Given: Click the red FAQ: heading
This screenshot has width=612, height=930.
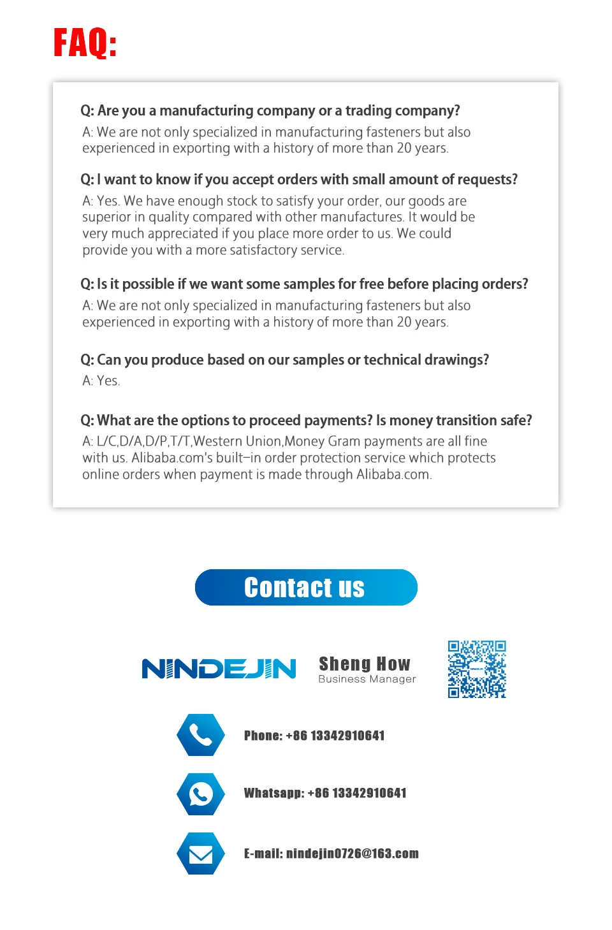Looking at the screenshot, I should pos(85,43).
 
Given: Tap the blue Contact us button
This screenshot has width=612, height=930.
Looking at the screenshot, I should pos(306,587).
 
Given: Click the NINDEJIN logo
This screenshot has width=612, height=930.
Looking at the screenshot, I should pos(219,669).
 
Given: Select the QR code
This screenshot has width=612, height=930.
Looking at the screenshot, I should pos(477,669).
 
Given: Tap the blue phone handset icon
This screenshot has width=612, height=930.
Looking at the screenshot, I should pos(201,735).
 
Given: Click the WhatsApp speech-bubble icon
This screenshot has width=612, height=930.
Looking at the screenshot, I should pos(201,794).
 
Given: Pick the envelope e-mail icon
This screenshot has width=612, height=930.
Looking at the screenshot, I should pos(201,854).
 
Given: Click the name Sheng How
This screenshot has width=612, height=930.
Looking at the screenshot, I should pos(365,664).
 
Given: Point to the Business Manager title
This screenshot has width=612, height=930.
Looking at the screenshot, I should pos(367,679).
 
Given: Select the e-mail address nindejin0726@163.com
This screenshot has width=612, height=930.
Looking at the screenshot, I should pos(353,854).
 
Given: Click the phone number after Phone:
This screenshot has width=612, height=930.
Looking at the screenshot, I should pos(335,736).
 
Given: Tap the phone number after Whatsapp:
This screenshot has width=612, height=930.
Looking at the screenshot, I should pos(357,793).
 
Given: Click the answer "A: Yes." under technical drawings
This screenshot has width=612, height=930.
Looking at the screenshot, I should pos(101,381).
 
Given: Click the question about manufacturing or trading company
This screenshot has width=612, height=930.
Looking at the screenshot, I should pos(270,111).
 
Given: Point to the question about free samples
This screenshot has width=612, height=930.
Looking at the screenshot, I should pos(304,284).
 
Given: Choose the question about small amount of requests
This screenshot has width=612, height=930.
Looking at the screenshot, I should pos(299,180).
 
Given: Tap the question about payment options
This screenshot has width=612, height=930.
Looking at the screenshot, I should pos(306,421).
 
